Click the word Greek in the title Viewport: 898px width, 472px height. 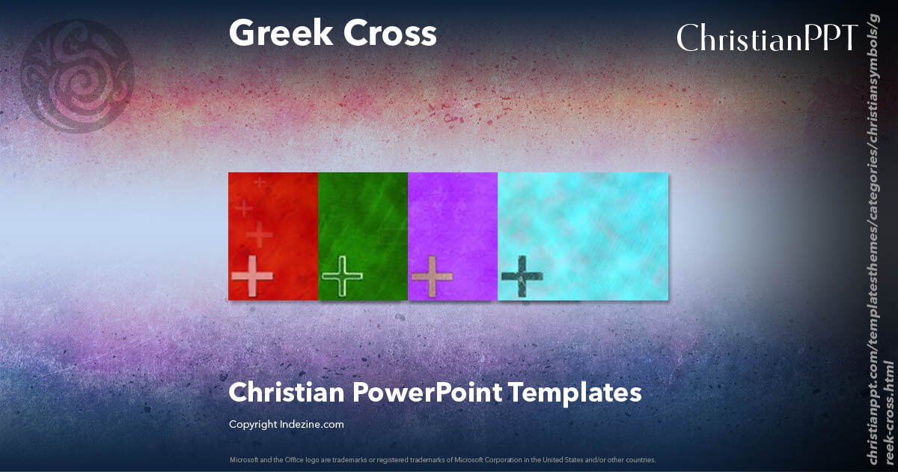pos(275,34)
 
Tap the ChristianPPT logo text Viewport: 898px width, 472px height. pos(766,37)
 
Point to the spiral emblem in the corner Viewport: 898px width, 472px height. pos(77,75)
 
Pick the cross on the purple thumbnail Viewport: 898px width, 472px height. pos(433,277)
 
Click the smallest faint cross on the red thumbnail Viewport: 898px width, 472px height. pos(260,182)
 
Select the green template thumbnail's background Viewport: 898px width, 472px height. pos(363,217)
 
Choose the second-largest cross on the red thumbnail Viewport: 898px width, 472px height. pos(260,235)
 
